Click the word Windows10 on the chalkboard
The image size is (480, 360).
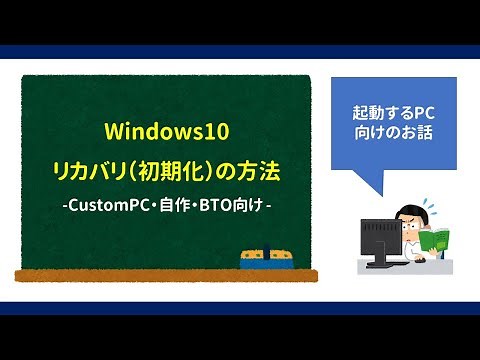pyautogui.click(x=164, y=132)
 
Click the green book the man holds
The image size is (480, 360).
pyautogui.click(x=436, y=241)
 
